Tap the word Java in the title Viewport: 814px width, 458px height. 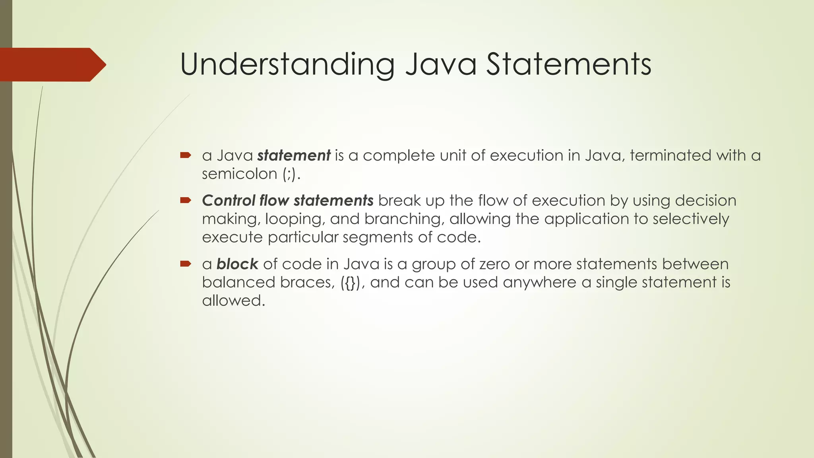pos(441,64)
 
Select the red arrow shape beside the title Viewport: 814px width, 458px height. pos(52,65)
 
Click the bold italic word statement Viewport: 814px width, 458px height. pos(294,155)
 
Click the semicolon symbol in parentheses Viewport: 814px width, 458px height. pos(289,174)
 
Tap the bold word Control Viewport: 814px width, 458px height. pos(228,200)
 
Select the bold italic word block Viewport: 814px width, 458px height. pos(237,264)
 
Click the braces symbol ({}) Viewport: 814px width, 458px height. pos(350,283)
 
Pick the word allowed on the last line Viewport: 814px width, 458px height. pos(233,301)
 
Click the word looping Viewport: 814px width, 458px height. pos(294,219)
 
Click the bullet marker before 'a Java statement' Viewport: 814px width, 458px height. pos(185,155)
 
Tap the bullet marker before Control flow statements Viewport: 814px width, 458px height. pos(185,200)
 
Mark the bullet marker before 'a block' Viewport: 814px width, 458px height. pos(185,264)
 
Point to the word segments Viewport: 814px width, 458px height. pos(378,237)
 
